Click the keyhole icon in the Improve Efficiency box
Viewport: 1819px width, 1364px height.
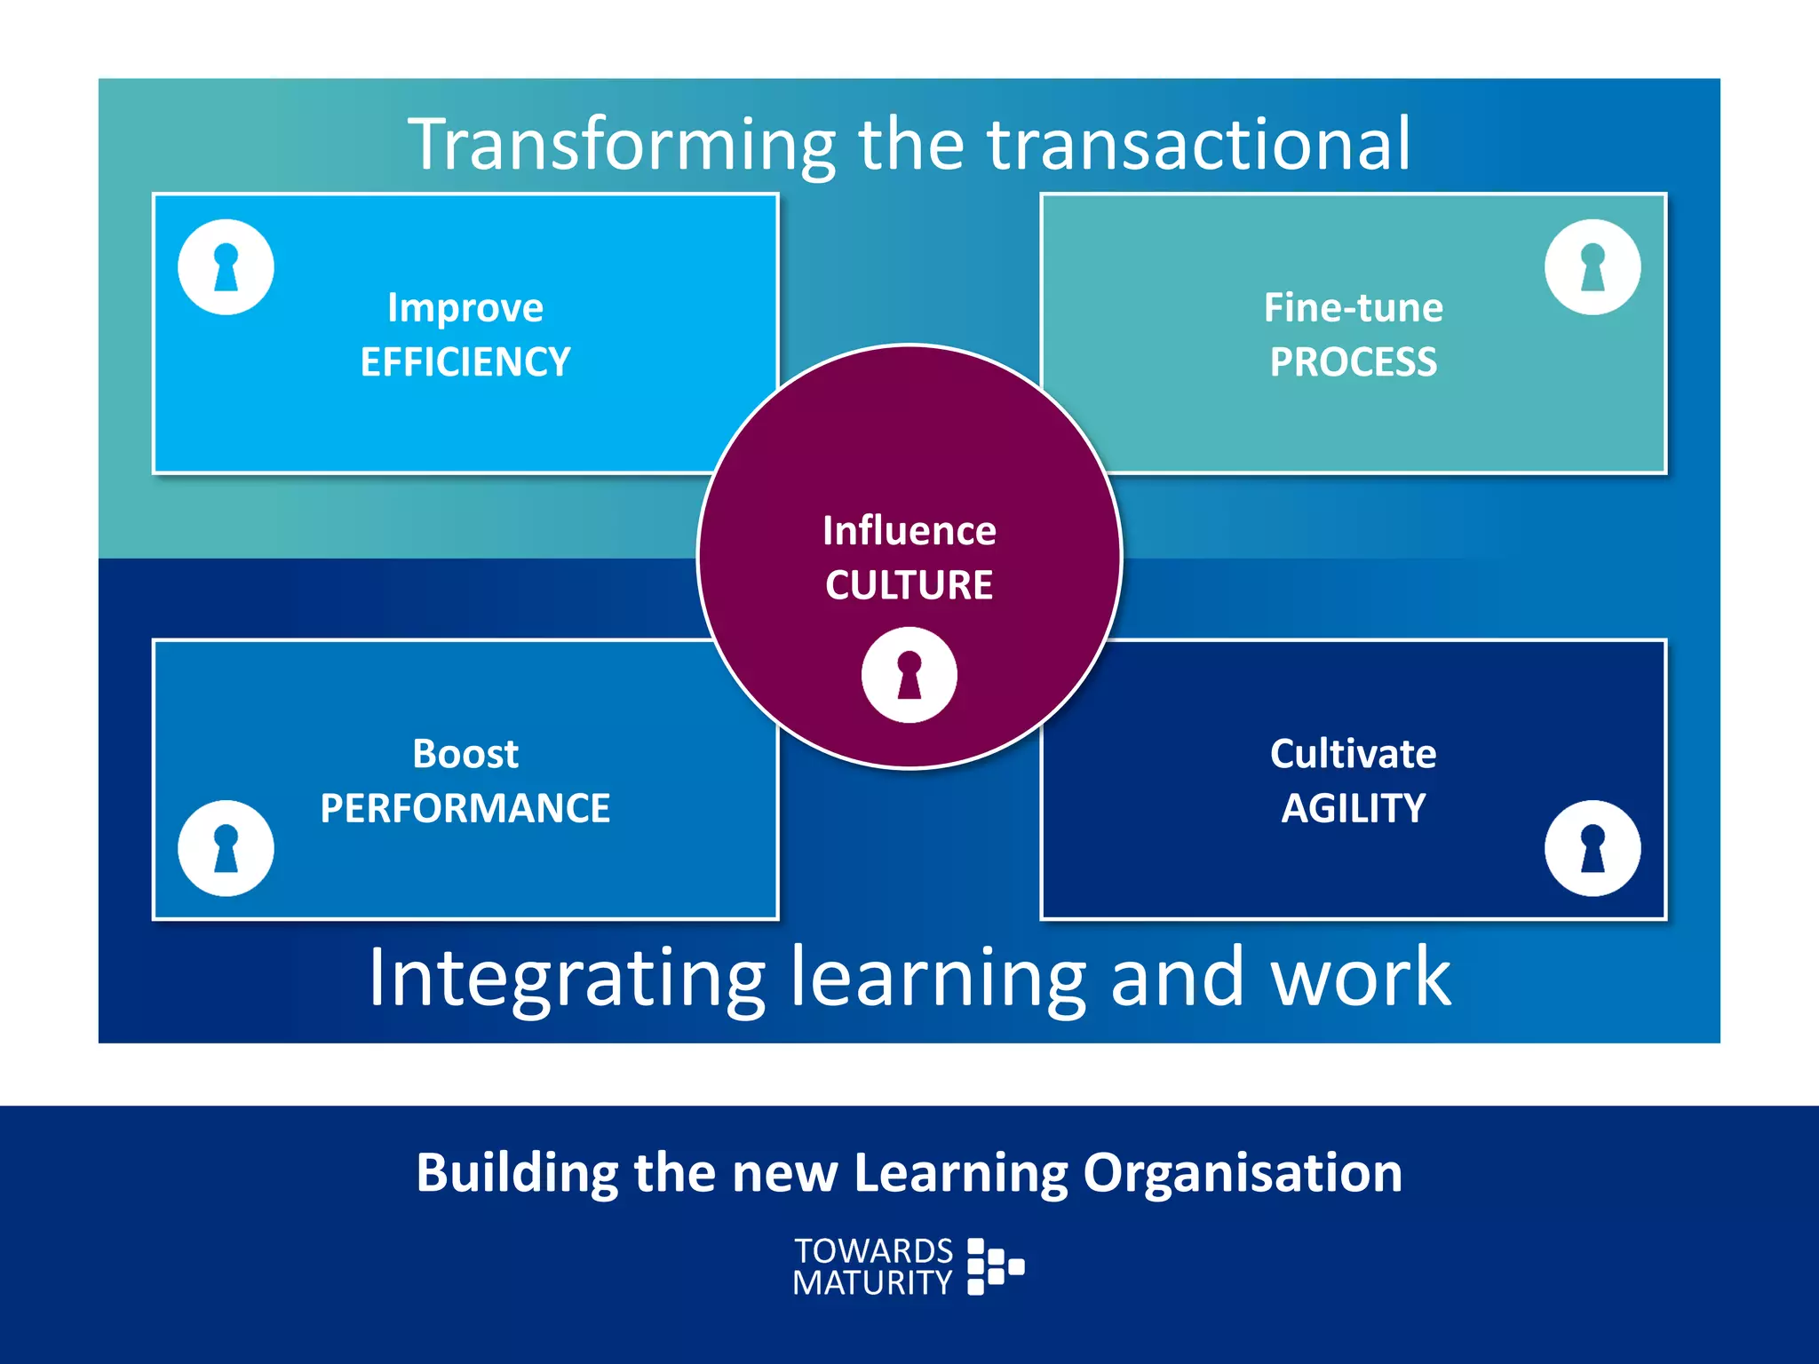[226, 267]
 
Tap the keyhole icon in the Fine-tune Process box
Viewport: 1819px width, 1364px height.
[1592, 267]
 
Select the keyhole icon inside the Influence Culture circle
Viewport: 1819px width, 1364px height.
[909, 675]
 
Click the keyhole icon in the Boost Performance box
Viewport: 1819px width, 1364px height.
[226, 848]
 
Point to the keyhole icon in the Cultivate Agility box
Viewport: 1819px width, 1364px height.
[1592, 848]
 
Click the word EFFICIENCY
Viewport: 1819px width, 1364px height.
[465, 362]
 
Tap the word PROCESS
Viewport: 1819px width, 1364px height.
[1353, 362]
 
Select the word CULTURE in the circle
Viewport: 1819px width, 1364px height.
[909, 585]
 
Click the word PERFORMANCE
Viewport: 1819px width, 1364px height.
[465, 808]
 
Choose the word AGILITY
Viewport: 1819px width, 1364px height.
[1353, 808]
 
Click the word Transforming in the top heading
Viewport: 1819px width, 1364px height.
[622, 145]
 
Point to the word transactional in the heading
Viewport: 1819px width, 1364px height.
[1198, 145]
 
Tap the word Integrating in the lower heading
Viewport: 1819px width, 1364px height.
[567, 978]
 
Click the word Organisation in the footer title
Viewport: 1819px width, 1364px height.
[1242, 1173]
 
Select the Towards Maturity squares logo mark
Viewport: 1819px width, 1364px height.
[994, 1266]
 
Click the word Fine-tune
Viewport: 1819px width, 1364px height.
[1353, 308]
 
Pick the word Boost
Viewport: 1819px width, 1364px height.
[465, 754]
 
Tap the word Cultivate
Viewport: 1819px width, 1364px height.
[1353, 754]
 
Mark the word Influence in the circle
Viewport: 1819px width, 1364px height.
[909, 531]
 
